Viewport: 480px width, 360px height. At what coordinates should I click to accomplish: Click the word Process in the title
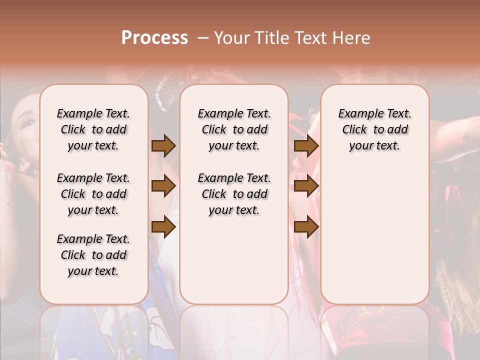click(x=154, y=37)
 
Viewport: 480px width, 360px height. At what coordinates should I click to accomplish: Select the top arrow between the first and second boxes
click(x=163, y=146)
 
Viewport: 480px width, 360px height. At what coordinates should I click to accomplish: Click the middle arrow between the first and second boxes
click(x=163, y=186)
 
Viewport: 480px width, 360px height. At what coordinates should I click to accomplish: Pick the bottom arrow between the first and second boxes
click(x=163, y=227)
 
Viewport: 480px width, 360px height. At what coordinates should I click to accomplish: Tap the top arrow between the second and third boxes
click(x=306, y=146)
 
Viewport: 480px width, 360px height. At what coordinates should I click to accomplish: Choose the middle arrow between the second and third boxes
click(x=306, y=186)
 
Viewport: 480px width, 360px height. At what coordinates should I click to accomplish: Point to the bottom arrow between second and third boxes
click(x=306, y=227)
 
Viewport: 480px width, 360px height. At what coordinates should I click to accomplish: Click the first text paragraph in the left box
click(x=93, y=129)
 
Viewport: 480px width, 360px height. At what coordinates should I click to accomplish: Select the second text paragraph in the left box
click(x=93, y=194)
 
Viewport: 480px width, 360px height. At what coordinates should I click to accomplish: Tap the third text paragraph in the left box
click(x=93, y=255)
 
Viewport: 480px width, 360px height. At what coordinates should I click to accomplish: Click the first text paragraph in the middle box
click(x=234, y=129)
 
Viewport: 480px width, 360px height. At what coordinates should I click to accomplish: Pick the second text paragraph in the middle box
click(x=234, y=194)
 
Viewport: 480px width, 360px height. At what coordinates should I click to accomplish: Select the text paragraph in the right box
click(x=374, y=129)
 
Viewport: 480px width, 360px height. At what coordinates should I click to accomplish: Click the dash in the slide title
click(x=203, y=37)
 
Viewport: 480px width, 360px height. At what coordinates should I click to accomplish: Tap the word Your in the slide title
click(x=229, y=37)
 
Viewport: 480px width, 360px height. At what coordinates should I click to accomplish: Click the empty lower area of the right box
click(x=374, y=240)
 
